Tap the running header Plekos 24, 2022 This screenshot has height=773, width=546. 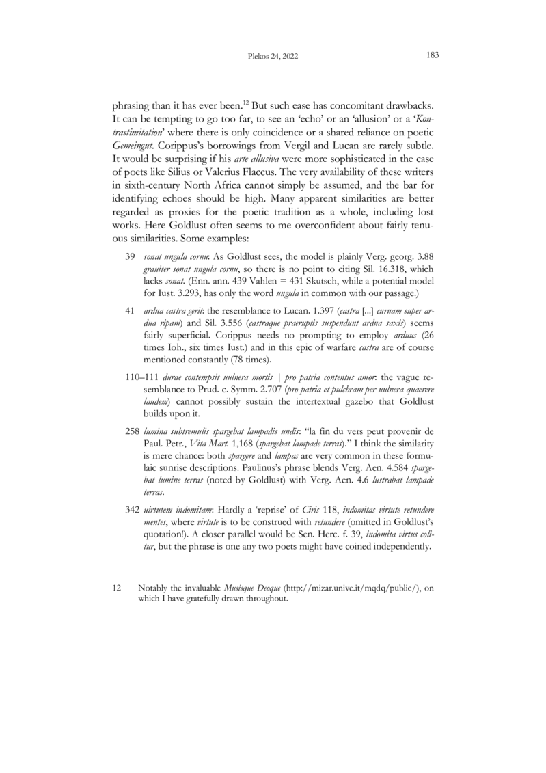tap(273, 56)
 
